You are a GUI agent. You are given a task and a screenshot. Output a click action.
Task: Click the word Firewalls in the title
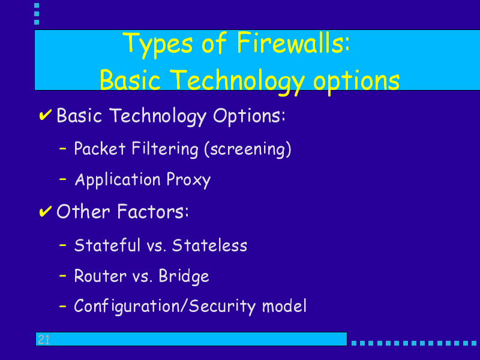click(x=293, y=43)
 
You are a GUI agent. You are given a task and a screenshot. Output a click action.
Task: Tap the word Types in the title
click(x=157, y=45)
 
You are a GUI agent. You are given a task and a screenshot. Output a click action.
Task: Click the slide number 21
click(x=43, y=340)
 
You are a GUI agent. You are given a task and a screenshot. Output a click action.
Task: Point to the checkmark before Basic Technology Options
click(x=46, y=115)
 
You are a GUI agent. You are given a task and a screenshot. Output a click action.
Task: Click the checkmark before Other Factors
click(x=46, y=211)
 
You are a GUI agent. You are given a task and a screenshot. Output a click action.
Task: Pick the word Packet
click(x=100, y=148)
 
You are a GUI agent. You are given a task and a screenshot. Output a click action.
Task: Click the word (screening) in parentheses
click(x=248, y=149)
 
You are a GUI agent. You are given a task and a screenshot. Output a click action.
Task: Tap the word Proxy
click(x=188, y=180)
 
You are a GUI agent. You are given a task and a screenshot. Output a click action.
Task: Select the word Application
click(x=118, y=180)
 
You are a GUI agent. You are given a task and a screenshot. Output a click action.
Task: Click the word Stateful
click(x=107, y=245)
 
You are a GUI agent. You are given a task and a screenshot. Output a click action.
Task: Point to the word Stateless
click(x=209, y=245)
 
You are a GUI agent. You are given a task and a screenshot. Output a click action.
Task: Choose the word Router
click(x=100, y=276)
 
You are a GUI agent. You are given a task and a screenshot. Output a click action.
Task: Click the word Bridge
click(x=184, y=277)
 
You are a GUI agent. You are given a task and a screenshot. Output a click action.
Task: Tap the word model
click(x=284, y=306)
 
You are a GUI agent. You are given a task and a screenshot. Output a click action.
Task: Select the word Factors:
click(x=153, y=212)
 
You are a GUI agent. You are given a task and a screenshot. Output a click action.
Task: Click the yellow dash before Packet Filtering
click(x=63, y=149)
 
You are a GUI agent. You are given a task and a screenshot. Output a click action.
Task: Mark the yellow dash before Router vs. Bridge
click(x=63, y=276)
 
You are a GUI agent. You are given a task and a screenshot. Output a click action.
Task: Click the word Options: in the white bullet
click(x=249, y=116)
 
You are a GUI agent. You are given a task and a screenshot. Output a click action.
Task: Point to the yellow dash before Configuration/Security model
click(x=63, y=306)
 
